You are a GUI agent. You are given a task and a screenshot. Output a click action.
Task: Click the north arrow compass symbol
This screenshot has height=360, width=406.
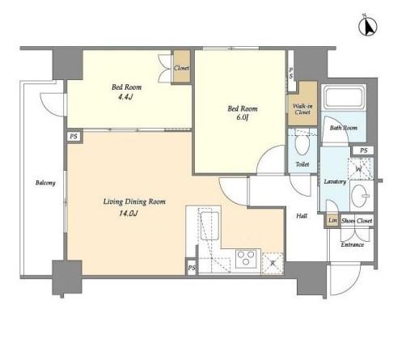[368, 26]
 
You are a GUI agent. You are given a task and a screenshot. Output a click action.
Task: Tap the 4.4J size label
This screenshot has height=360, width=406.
[125, 97]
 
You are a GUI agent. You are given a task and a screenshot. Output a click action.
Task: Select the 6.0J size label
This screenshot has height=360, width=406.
[242, 118]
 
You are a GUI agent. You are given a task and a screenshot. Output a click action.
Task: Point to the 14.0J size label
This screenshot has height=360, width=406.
[129, 214]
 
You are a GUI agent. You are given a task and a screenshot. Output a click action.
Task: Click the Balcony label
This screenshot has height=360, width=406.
[45, 183]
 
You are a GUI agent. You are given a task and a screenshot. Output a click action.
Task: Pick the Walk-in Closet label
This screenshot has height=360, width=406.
[302, 109]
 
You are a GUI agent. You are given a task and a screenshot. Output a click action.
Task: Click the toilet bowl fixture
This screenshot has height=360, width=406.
[302, 144]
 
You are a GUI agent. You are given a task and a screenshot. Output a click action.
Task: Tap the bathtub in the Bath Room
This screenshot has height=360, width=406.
[344, 97]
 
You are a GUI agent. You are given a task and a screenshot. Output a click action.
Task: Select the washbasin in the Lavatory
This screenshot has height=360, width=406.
[361, 196]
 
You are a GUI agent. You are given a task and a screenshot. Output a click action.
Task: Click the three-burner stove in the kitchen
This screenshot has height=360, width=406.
[246, 259]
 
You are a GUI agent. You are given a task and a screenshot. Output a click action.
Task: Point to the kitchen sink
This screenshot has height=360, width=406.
[209, 226]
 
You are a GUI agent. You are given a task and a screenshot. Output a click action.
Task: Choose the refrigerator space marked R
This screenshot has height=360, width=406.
[273, 264]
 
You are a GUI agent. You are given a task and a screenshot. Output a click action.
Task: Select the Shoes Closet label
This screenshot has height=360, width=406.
[357, 221]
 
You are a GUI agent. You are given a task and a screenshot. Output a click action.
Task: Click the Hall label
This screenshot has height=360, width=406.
[302, 216]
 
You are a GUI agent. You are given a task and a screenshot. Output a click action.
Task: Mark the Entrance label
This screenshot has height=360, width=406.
[353, 244]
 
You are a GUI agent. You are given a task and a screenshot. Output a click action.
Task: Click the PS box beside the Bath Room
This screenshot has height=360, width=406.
[364, 150]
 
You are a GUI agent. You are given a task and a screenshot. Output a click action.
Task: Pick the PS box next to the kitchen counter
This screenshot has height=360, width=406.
[192, 268]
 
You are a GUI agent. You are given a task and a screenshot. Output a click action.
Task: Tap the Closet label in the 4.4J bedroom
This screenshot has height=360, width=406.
[181, 68]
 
